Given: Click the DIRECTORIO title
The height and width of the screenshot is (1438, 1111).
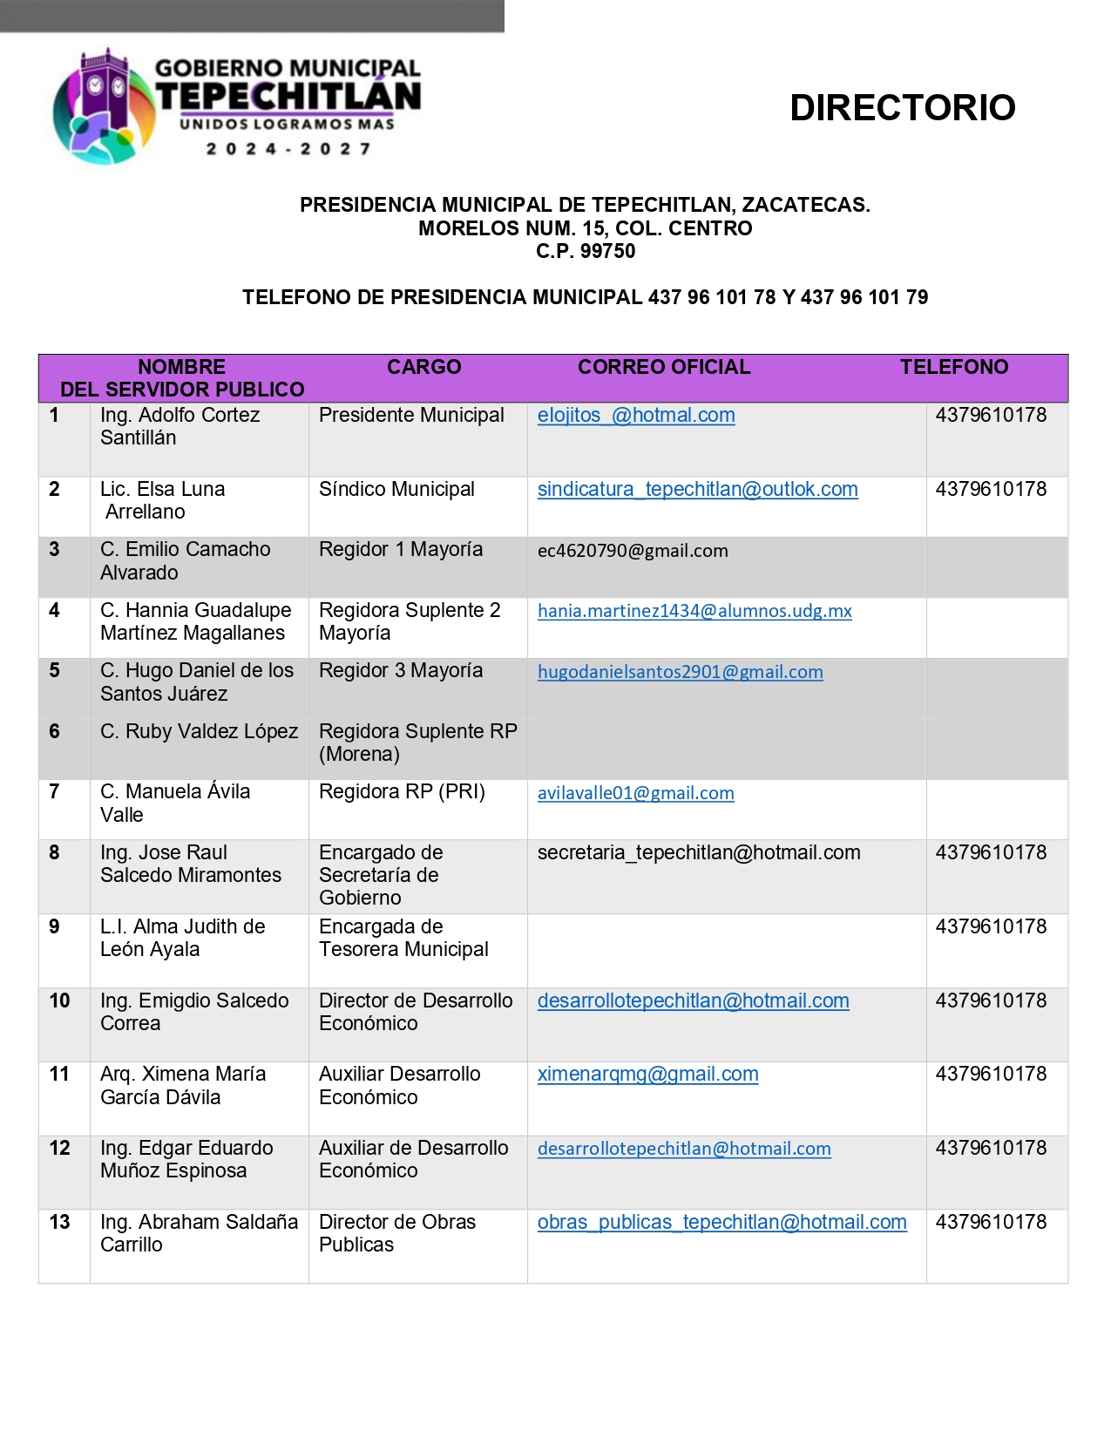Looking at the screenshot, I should [x=902, y=108].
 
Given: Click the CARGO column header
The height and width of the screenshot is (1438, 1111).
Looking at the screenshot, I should [x=423, y=367].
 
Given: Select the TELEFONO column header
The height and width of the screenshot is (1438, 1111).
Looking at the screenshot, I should [x=953, y=367].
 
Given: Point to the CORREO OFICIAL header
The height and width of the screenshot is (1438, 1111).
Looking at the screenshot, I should [x=664, y=367].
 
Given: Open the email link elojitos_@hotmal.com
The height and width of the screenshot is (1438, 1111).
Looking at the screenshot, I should [x=636, y=416].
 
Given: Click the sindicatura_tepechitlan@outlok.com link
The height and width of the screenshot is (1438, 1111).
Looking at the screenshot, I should [x=697, y=490].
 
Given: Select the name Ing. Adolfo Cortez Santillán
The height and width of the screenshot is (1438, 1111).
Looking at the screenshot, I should [x=180, y=426].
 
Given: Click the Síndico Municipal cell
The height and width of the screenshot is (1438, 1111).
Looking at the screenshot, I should [x=396, y=490].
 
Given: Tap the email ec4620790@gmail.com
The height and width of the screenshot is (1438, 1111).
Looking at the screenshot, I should [x=633, y=551].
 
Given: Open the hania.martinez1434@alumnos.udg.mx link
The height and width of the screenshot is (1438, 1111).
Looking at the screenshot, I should [x=694, y=611].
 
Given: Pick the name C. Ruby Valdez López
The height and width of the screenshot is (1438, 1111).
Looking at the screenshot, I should [x=199, y=731].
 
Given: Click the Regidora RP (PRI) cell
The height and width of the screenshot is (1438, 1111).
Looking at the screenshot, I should [x=402, y=792].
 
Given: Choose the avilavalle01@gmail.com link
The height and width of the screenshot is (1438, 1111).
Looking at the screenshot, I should [x=635, y=793].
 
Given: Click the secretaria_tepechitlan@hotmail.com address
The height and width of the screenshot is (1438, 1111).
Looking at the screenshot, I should [x=699, y=853].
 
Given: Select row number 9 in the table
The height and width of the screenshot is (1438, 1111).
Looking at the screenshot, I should [x=54, y=927].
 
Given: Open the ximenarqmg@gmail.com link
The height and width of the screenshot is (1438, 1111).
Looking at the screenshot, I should [x=647, y=1075].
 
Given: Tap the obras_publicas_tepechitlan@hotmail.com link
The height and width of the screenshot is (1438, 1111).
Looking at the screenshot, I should [x=721, y=1223].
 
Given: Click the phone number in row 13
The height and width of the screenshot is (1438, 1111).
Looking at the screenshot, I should [x=991, y=1222].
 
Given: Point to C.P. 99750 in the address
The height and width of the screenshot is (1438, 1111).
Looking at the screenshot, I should [x=586, y=251].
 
